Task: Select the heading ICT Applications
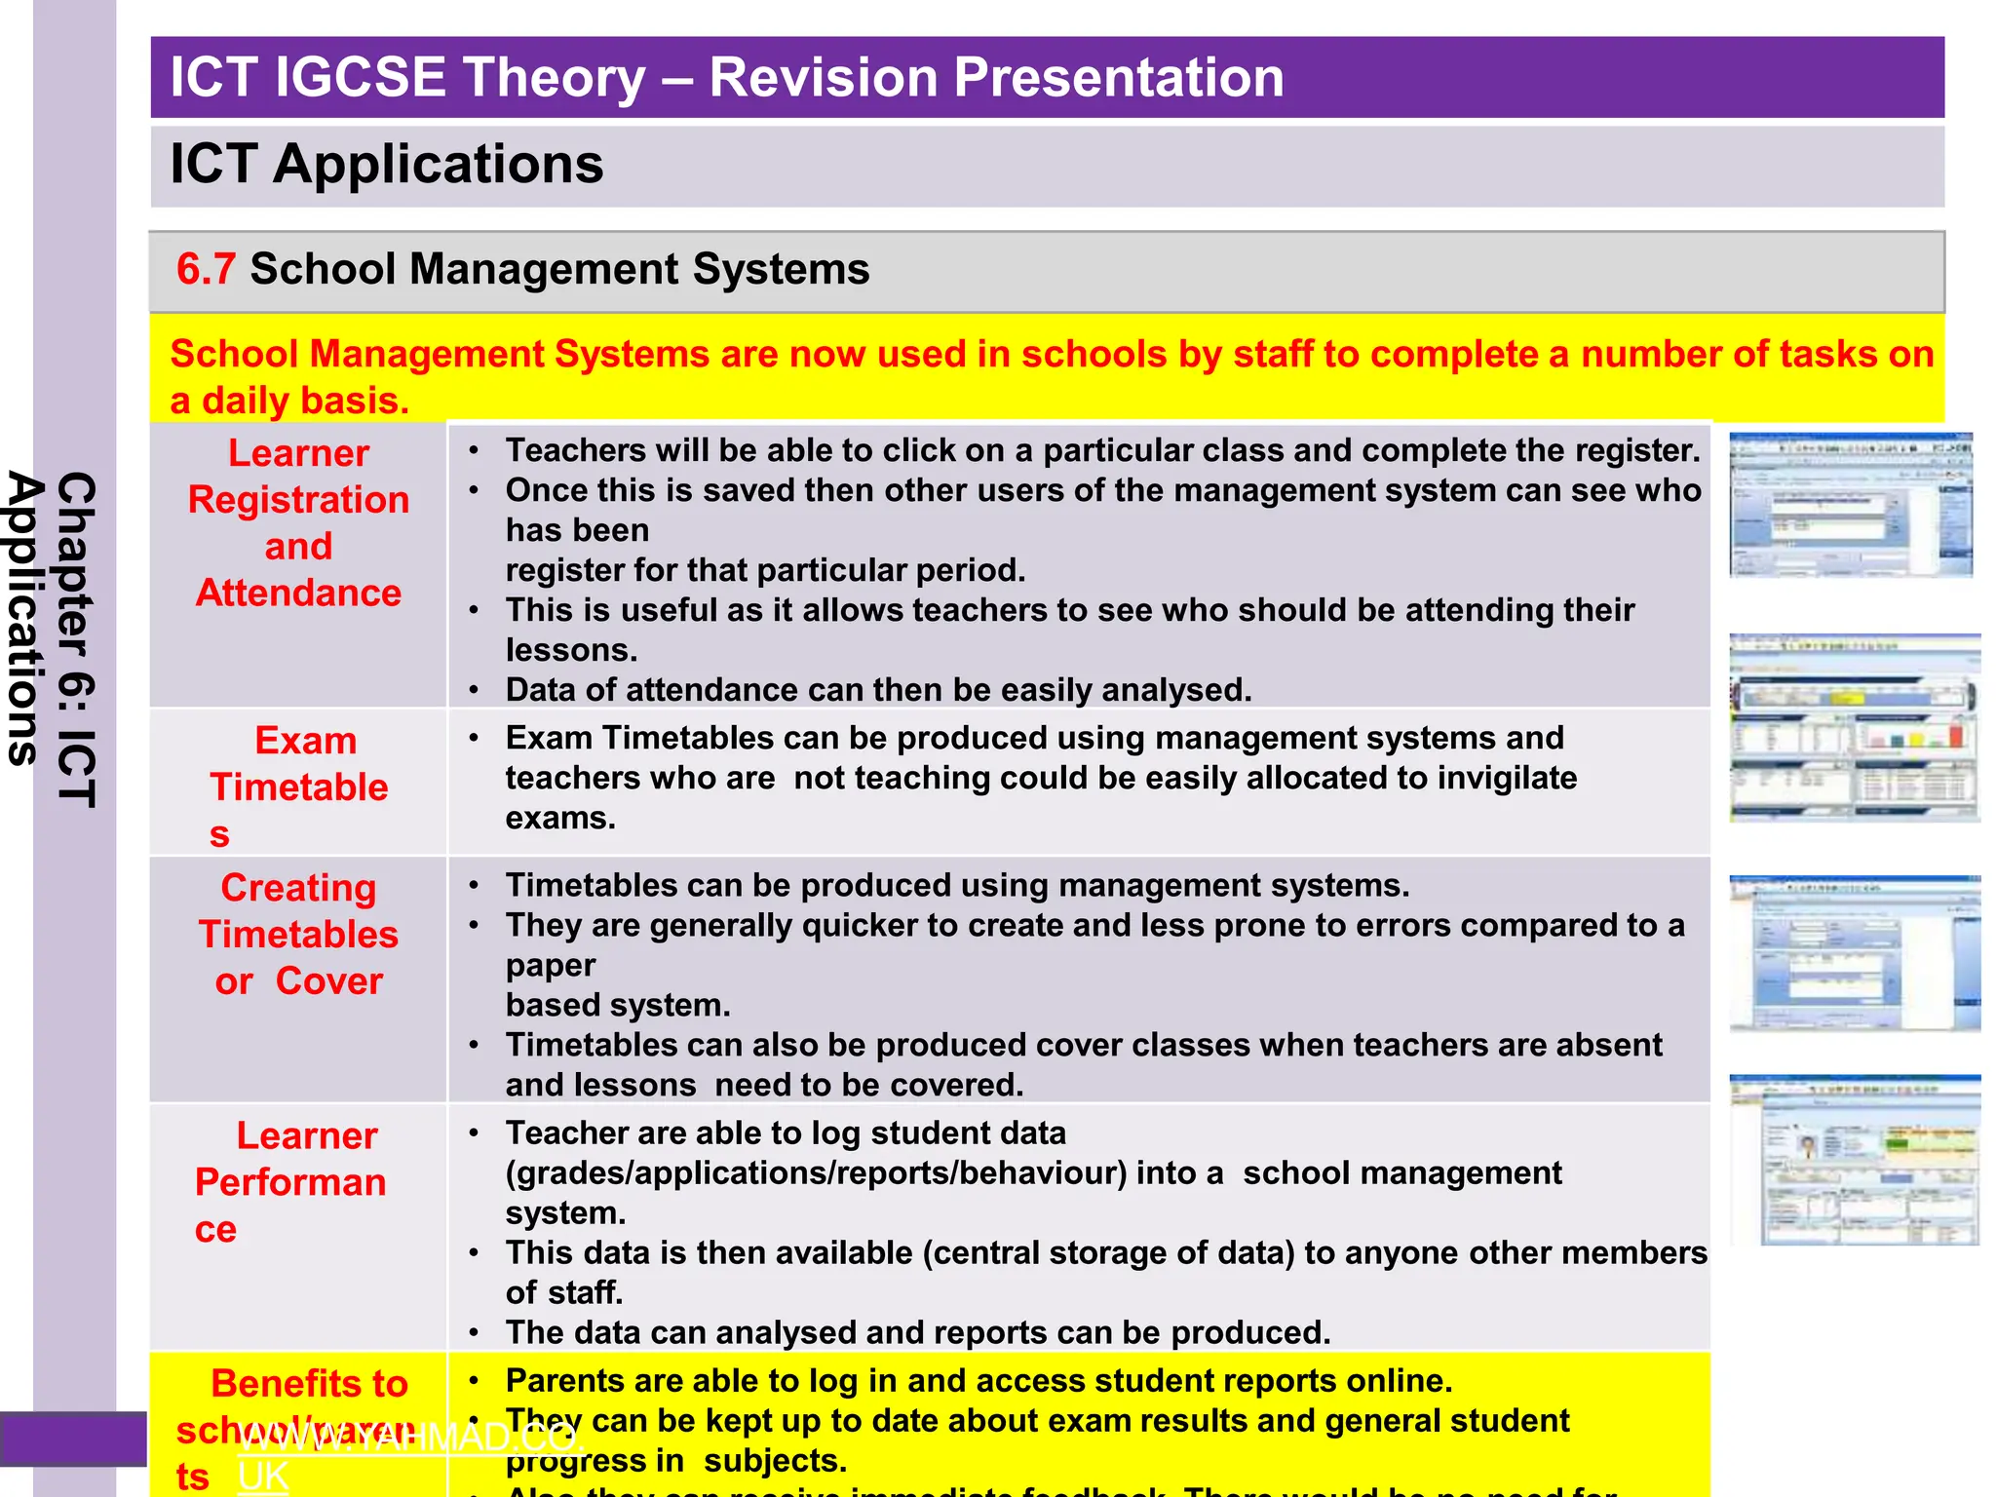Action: point(386,164)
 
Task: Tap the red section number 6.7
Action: point(206,269)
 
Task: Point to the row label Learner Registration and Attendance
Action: point(298,523)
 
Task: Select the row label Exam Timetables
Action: point(298,786)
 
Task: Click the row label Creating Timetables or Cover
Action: point(298,934)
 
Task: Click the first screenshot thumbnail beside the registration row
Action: point(1850,506)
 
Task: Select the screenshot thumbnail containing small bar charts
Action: point(1855,727)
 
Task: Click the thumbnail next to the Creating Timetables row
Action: point(1855,953)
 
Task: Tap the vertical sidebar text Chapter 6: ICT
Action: point(76,638)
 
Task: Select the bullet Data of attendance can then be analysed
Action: point(877,690)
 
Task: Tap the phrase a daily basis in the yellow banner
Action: point(289,402)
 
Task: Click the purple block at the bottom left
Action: point(72,1439)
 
